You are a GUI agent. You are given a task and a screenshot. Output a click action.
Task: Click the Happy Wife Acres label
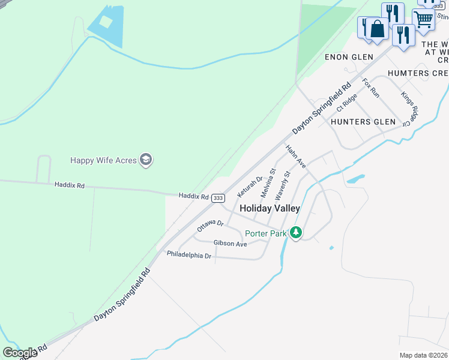pos(103,160)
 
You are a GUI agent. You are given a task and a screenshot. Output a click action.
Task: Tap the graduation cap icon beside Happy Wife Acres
pos(146,160)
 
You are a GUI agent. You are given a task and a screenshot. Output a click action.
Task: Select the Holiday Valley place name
pos(270,208)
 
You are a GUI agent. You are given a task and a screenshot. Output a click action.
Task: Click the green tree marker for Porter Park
pos(295,232)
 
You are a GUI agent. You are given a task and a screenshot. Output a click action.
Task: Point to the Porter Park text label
pos(265,233)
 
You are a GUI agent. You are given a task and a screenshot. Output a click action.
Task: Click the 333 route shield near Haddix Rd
pos(218,197)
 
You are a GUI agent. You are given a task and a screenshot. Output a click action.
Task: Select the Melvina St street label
pos(268,183)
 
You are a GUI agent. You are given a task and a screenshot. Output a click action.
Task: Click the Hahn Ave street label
pos(296,157)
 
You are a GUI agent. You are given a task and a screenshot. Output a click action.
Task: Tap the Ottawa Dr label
pos(210,226)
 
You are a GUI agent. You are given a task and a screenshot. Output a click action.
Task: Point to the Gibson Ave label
pos(230,244)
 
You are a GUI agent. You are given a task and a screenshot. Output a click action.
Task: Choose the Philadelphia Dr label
pos(189,255)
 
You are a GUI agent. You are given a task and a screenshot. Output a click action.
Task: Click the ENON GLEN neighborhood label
pos(349,57)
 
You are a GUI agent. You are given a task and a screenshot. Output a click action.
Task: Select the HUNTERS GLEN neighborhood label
pos(363,122)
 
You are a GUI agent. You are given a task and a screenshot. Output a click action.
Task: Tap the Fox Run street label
pos(371,88)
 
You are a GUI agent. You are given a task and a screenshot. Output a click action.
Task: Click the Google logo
pos(20,353)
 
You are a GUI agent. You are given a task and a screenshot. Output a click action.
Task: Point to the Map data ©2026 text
pos(424,355)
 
